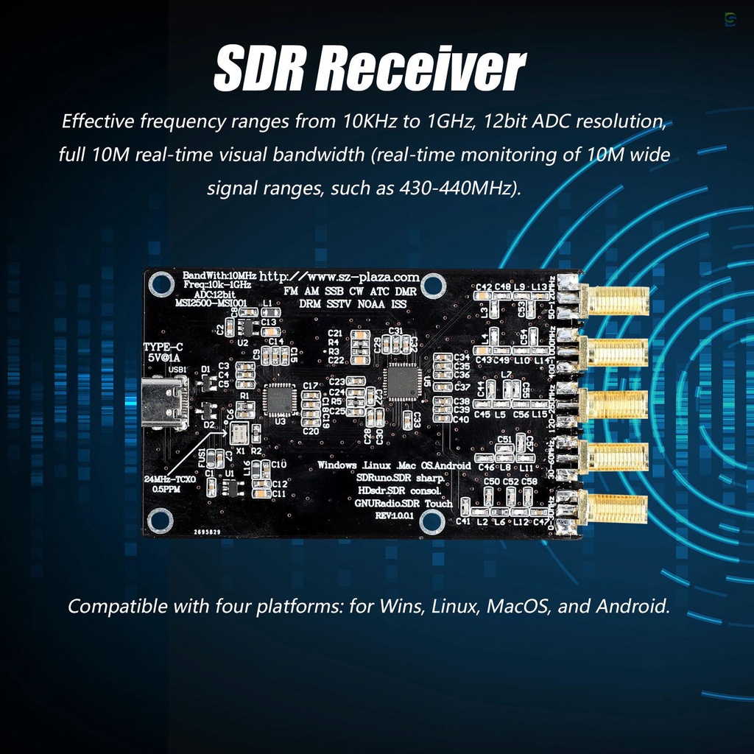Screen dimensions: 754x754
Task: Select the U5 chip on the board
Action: [x=401, y=381]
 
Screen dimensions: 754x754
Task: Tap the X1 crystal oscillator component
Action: [x=242, y=434]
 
